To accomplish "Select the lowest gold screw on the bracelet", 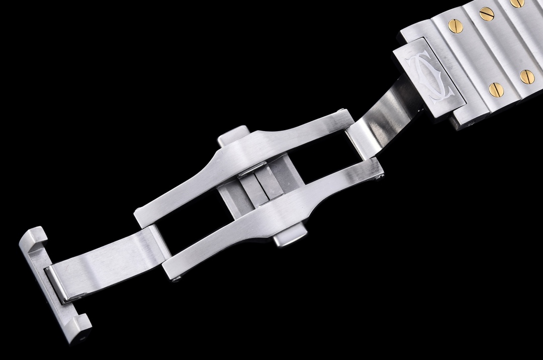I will [x=496, y=89].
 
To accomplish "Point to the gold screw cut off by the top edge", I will [x=517, y=3].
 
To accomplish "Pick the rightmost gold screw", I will [x=527, y=76].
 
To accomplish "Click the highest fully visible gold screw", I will [x=486, y=14].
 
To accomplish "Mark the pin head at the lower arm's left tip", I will [x=175, y=278].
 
